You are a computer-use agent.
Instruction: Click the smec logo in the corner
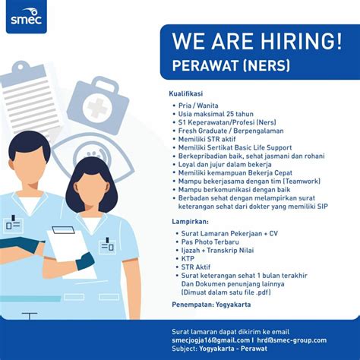point(27,17)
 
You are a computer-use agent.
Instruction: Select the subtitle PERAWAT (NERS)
point(231,65)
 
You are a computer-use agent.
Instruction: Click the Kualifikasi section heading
point(186,93)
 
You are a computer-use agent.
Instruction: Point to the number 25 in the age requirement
point(231,114)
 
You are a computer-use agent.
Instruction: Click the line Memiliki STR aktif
point(207,139)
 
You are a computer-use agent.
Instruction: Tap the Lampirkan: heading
point(190,222)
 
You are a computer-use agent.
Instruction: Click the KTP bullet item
point(188,259)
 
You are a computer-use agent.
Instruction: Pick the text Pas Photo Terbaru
point(210,242)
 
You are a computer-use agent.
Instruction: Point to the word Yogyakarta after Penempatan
point(233,305)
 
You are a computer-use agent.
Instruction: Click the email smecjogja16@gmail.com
point(210,340)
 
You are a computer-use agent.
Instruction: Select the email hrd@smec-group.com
point(292,340)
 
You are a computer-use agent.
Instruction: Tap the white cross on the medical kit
point(98,108)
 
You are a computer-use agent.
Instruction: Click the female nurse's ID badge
point(108,245)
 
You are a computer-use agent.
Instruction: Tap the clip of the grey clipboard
point(21,67)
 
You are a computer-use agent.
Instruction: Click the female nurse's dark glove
point(85,261)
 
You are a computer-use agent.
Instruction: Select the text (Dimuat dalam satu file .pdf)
point(226,292)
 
